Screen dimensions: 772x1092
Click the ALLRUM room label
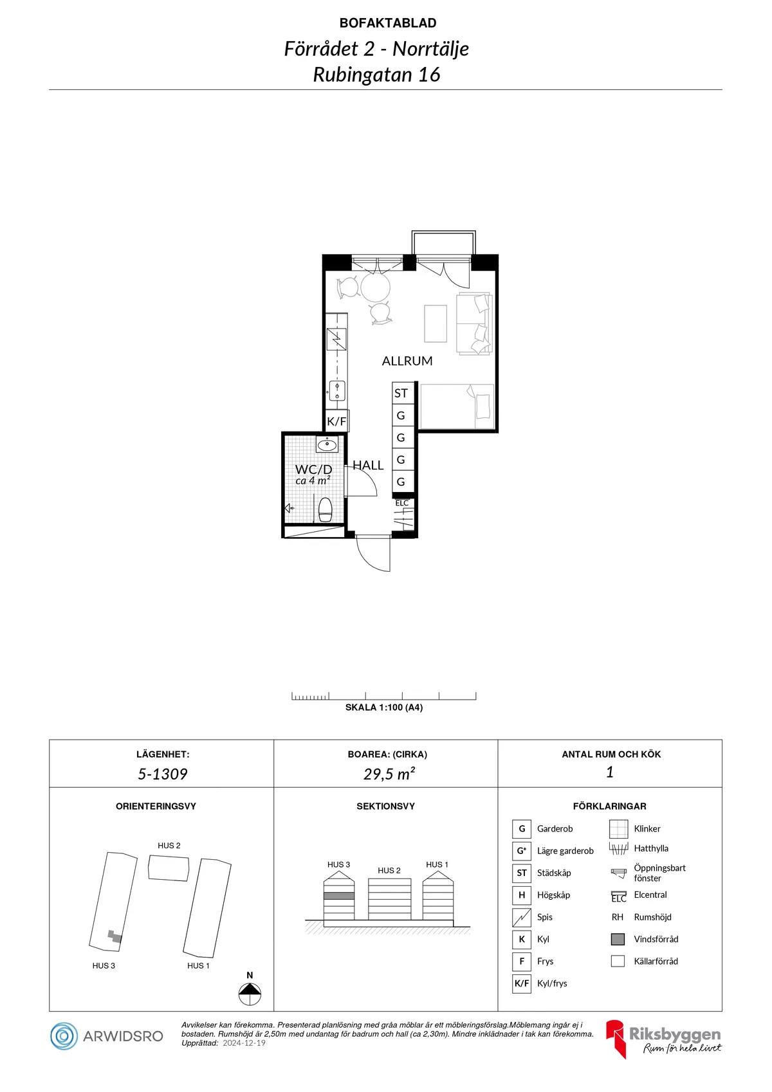[407, 361]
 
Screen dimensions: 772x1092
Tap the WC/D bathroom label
[313, 469]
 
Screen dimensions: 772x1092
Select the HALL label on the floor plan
[368, 466]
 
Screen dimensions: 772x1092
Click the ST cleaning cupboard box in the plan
[403, 393]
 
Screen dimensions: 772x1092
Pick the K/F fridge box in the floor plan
[336, 421]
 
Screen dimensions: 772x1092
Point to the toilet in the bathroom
[326, 509]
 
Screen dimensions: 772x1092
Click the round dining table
[375, 287]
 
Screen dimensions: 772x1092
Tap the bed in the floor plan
[457, 406]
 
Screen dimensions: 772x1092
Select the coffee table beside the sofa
[436, 323]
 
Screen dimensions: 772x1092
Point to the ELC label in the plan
[402, 503]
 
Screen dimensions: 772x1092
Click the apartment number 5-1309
[162, 774]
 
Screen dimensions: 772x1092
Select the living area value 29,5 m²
[389, 774]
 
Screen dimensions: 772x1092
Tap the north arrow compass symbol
[250, 994]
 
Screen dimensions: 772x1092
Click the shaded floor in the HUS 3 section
[339, 896]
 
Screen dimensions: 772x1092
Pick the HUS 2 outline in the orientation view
[169, 868]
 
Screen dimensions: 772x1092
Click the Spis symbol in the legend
[521, 918]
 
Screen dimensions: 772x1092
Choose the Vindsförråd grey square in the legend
[618, 940]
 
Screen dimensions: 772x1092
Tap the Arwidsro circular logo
[64, 1036]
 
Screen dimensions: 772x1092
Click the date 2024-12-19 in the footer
[244, 1043]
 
